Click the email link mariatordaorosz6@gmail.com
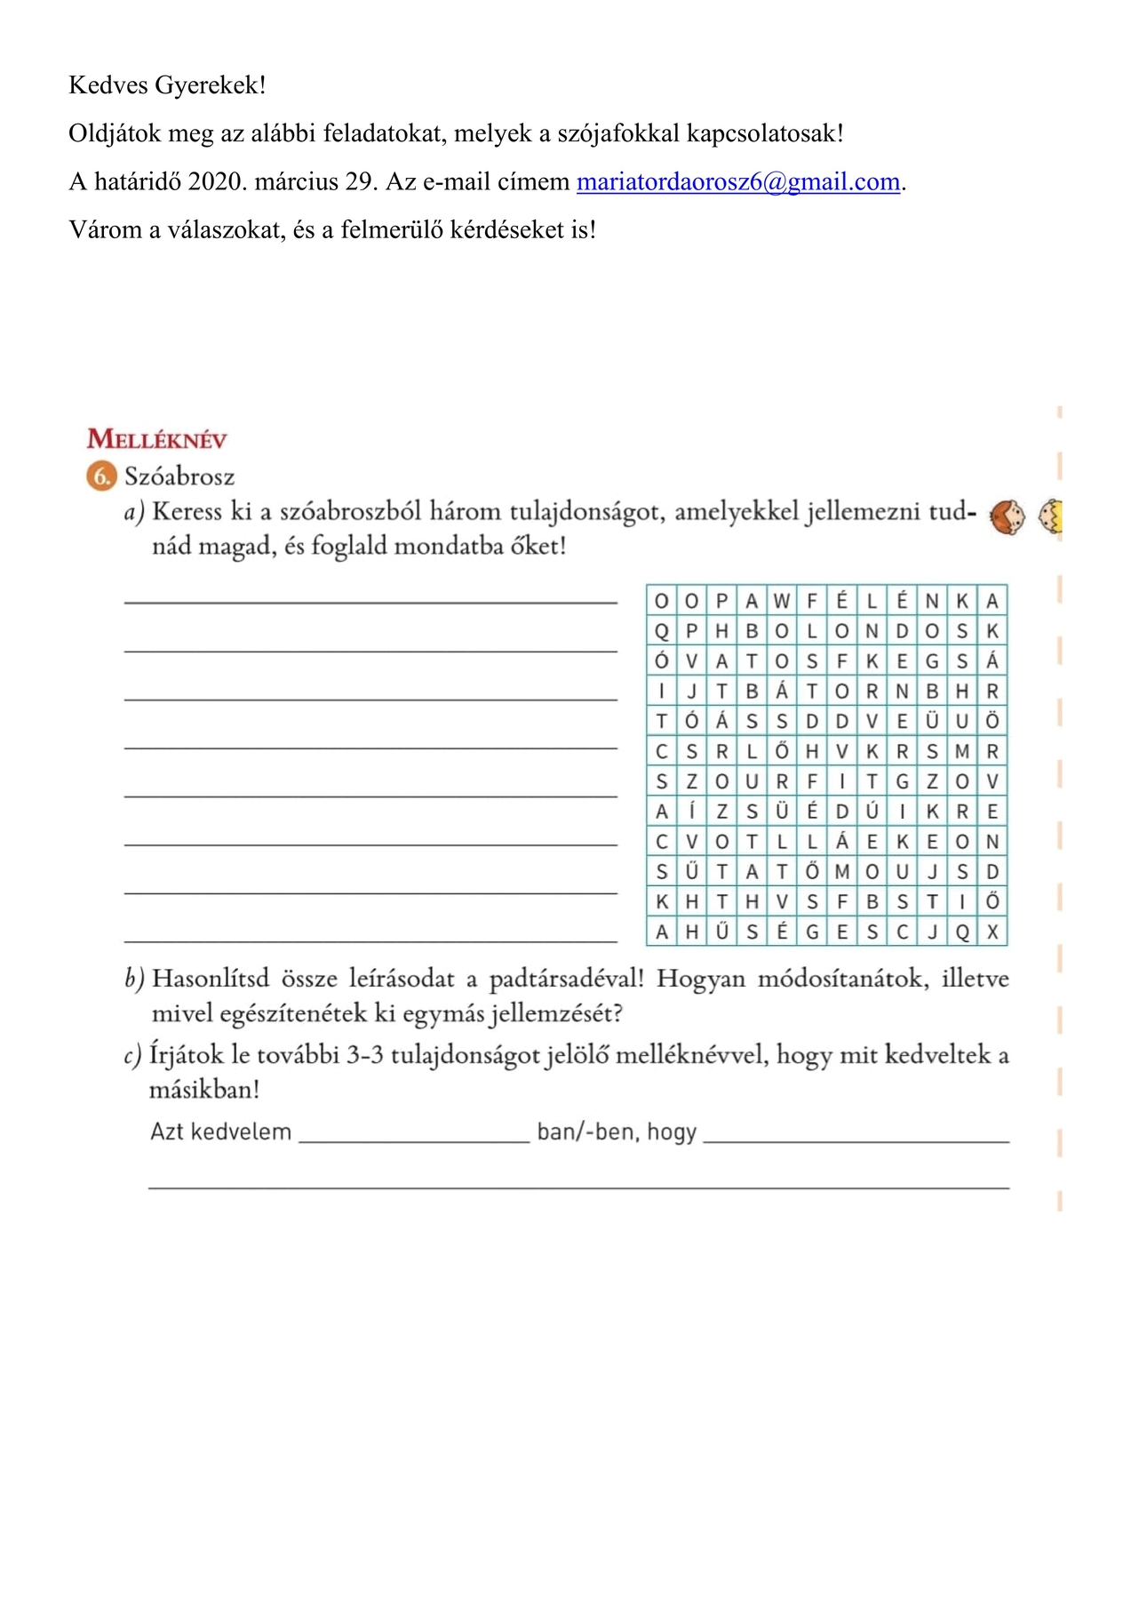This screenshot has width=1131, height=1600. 738,182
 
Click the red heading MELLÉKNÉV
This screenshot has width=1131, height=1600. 157,439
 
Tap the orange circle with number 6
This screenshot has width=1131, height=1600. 102,476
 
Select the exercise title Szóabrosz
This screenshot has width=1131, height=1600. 179,477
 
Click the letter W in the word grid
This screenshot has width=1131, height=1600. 782,601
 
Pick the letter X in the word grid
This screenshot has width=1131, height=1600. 992,932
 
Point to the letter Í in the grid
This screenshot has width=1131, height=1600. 691,812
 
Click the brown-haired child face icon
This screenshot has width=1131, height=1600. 1007,516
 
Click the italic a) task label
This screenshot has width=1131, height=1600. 133,512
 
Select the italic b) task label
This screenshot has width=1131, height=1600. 134,980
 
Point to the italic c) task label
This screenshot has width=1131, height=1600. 132,1056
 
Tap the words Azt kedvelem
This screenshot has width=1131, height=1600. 220,1132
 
